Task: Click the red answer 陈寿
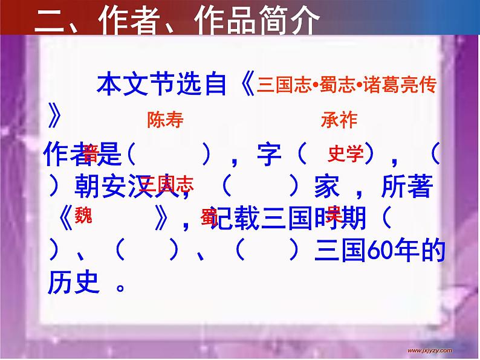tap(165, 120)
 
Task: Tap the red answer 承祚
tap(339, 120)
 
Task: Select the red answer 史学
tap(346, 155)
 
